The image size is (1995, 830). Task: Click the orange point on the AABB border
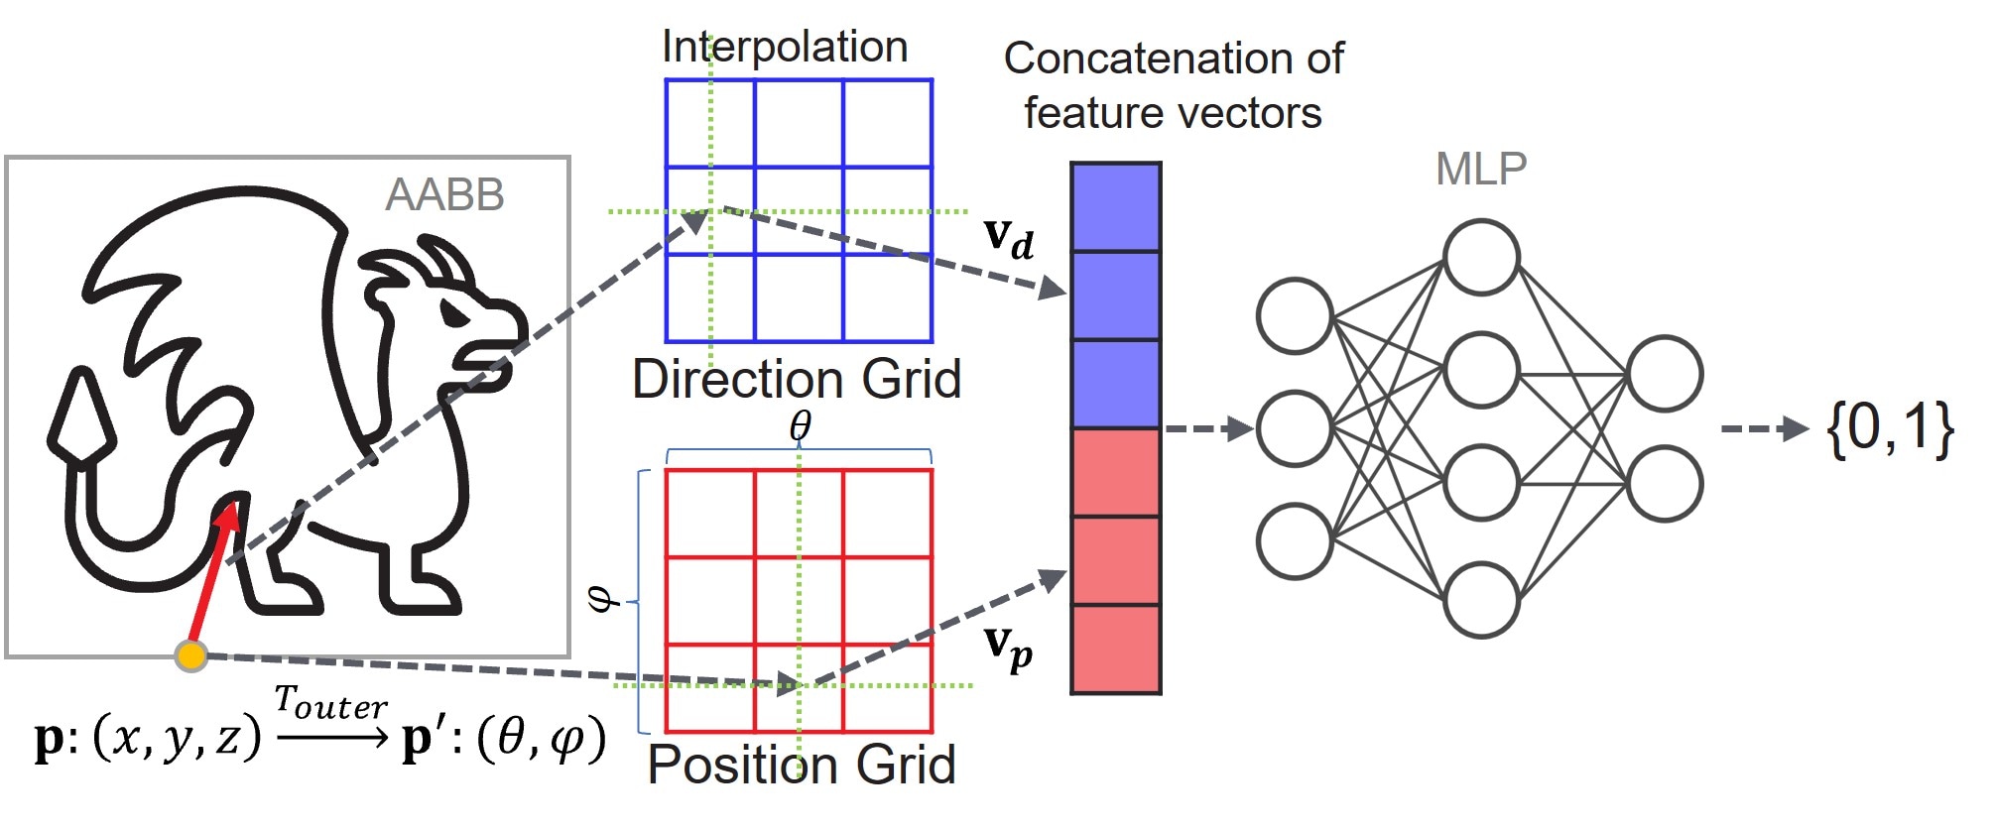pyautogui.click(x=190, y=655)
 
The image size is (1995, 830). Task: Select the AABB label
pyautogui.click(x=444, y=194)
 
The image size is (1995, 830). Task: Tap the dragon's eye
pyautogui.click(x=453, y=314)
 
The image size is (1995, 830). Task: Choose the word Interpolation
pyautogui.click(x=785, y=47)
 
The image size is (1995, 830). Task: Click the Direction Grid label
pyautogui.click(x=797, y=379)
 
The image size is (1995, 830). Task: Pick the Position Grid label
pyautogui.click(x=802, y=765)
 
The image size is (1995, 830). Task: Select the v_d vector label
pyautogui.click(x=1009, y=238)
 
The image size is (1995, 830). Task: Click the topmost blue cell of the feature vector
pyautogui.click(x=1116, y=207)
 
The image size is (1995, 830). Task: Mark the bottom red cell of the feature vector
pyautogui.click(x=1116, y=650)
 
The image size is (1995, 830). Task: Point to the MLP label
pyautogui.click(x=1481, y=170)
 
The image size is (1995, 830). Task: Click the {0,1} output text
pyautogui.click(x=1890, y=429)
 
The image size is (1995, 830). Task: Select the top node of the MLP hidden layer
pyautogui.click(x=1481, y=258)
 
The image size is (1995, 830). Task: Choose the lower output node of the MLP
pyautogui.click(x=1665, y=484)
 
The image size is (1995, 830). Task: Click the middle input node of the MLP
pyautogui.click(x=1294, y=429)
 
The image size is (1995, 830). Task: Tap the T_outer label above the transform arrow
pyautogui.click(x=330, y=703)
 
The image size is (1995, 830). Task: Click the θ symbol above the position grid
pyautogui.click(x=800, y=426)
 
